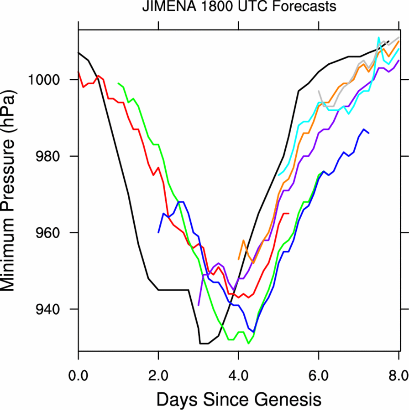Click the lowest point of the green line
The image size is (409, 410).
pyautogui.click(x=248, y=343)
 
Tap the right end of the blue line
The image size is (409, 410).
pyautogui.click(x=369, y=133)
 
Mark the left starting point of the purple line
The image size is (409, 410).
pyautogui.click(x=199, y=305)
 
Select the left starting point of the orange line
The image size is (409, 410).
pyautogui.click(x=238, y=259)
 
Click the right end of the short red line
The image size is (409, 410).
pyautogui.click(x=288, y=213)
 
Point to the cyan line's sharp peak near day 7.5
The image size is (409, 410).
pyautogui.click(x=379, y=38)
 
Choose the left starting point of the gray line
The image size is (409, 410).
pyautogui.click(x=319, y=91)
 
